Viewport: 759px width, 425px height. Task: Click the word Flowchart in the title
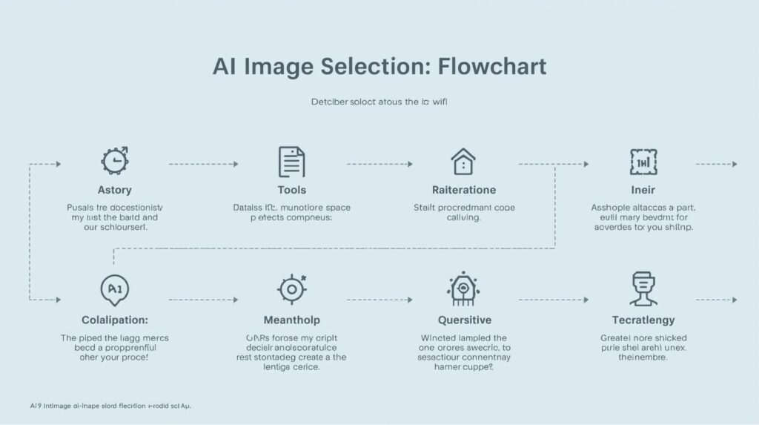point(491,67)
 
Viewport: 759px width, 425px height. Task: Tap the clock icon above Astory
point(115,160)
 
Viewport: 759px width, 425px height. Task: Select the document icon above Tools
point(291,161)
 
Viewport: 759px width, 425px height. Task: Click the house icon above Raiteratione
point(463,161)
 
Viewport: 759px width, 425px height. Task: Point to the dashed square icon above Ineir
point(643,161)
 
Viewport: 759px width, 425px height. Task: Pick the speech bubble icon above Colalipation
point(114,289)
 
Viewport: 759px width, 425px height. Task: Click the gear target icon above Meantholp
point(291,289)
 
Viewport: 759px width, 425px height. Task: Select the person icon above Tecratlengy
point(643,289)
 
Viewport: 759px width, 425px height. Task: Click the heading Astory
point(115,191)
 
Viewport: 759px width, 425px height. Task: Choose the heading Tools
point(291,191)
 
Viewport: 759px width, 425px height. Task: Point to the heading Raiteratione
point(464,191)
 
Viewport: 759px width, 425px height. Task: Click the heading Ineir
point(643,191)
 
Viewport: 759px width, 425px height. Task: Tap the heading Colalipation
point(114,320)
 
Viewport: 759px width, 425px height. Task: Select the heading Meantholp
point(292,320)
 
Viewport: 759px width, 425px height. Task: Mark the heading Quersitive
point(464,320)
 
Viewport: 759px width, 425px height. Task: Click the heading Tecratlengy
point(643,320)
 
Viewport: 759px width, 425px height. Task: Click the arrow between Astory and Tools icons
point(204,164)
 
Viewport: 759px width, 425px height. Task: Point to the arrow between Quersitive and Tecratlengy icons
point(553,300)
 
